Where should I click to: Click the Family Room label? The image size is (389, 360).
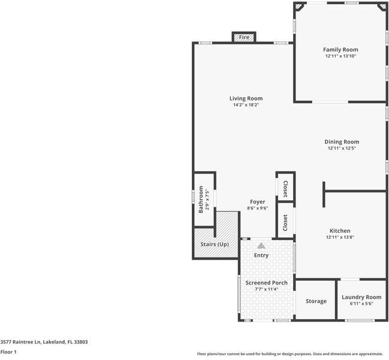[x=340, y=50]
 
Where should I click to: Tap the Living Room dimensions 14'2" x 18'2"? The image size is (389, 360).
[x=246, y=105]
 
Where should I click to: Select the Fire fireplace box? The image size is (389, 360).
[x=244, y=37]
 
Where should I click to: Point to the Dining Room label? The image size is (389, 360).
[x=342, y=142]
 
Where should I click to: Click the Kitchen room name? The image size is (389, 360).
[x=340, y=230]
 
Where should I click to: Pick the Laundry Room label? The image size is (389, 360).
[x=361, y=297]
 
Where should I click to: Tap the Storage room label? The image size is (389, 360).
[x=316, y=301]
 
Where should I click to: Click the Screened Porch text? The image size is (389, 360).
[x=267, y=283]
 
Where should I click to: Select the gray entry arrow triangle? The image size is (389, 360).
[x=261, y=245]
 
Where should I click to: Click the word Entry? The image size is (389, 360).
[x=261, y=255]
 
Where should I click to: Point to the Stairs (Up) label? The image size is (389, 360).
[x=215, y=244]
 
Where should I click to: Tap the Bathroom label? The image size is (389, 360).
[x=201, y=199]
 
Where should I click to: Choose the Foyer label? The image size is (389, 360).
[x=257, y=202]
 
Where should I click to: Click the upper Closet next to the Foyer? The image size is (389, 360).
[x=285, y=188]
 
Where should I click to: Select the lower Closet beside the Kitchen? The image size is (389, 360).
[x=285, y=222]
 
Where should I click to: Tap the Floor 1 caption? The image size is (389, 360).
[x=8, y=352]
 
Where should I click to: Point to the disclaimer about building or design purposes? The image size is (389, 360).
[x=290, y=353]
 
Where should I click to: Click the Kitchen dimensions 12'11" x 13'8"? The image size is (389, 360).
[x=340, y=238]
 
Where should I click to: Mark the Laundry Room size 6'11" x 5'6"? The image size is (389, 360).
[x=361, y=304]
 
